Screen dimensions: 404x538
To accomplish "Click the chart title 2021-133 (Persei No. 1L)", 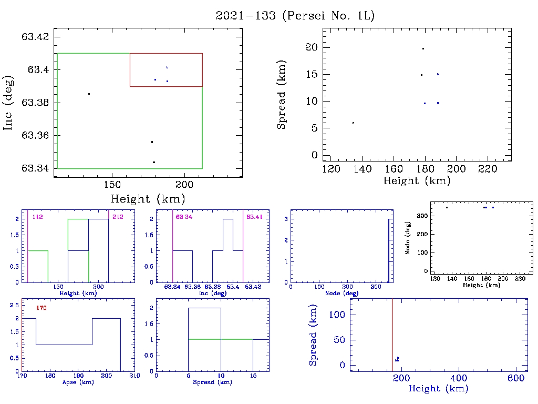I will click(295, 16).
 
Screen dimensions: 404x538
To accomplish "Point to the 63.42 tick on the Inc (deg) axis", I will click(35, 37).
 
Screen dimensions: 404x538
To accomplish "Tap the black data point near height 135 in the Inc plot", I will click(89, 94).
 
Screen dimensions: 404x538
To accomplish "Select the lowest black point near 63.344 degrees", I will click(153, 162).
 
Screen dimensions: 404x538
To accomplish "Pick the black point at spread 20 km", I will click(423, 48).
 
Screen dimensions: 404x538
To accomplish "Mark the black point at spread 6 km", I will click(353, 123).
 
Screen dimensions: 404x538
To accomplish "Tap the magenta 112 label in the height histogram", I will click(37, 217).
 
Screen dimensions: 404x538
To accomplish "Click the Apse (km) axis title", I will click(77, 382).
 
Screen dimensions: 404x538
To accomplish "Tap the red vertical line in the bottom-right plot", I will click(392, 331).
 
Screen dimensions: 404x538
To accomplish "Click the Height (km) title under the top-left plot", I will click(148, 199).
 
